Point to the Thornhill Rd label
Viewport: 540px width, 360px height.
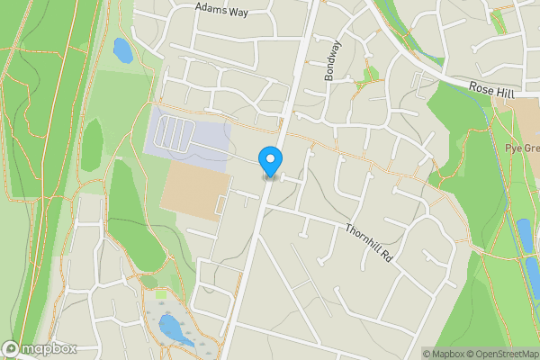[370, 243]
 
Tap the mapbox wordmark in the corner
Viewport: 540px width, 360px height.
[49, 349]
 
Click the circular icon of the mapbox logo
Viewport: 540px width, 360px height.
[11, 349]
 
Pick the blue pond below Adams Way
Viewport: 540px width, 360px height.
[122, 49]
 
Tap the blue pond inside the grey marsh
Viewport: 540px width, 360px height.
[174, 329]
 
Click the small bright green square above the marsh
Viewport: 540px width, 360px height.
[161, 294]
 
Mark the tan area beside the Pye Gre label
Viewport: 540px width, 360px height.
[516, 117]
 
